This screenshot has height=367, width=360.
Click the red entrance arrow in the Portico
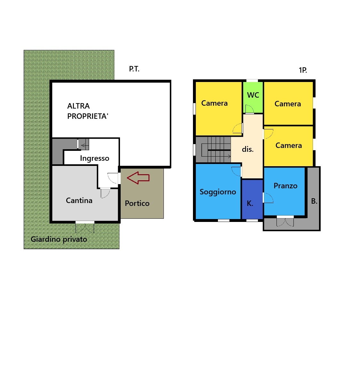138,178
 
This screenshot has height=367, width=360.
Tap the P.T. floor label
134,69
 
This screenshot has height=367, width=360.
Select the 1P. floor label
303,70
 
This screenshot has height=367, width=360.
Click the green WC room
253,97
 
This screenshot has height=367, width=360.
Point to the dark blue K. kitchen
252,199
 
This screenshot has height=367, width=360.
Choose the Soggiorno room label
218,192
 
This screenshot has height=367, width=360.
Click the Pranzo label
286,186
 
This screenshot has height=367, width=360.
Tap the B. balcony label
314,201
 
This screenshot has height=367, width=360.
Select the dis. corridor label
248,149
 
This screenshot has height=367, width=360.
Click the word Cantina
79,200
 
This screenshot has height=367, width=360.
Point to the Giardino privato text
59,239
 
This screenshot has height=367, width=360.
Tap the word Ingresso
94,159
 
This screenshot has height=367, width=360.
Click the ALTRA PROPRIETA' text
88,111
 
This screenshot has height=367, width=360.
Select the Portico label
137,203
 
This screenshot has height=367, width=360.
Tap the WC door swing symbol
250,109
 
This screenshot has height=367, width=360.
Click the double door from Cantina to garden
85,228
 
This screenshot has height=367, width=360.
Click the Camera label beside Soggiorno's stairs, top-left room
214,103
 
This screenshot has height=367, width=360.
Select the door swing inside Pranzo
268,198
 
